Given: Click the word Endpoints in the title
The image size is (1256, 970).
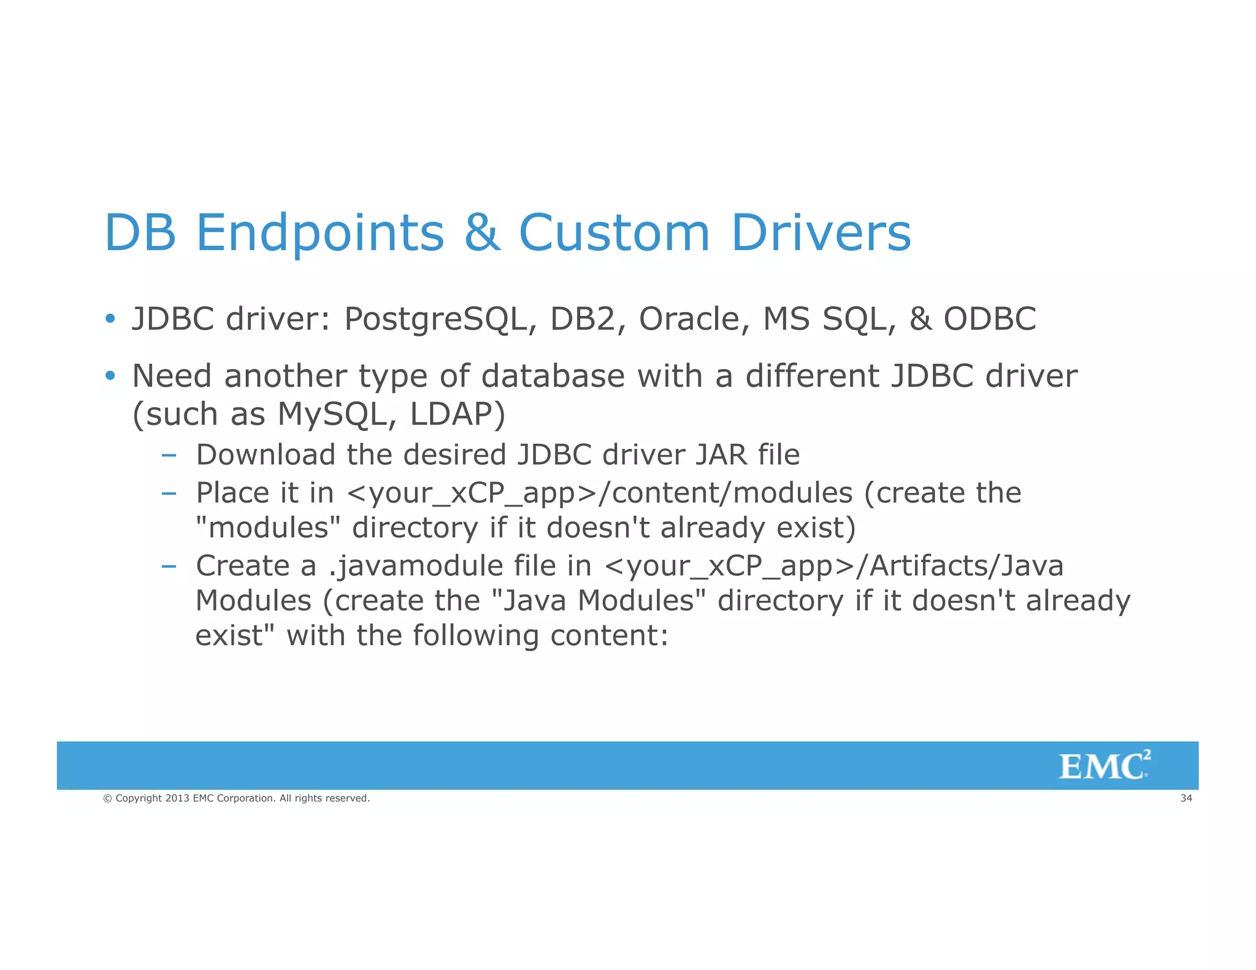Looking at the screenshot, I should click(320, 233).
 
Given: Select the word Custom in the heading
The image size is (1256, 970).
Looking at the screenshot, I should click(614, 233).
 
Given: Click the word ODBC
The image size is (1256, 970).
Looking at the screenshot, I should click(989, 319).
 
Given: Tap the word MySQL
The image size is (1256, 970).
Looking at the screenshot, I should click(332, 414).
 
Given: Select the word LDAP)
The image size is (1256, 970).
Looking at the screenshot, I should click(457, 414).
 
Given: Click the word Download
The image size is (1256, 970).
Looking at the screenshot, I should click(265, 455).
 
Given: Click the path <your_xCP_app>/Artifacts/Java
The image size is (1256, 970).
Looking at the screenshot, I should click(833, 565).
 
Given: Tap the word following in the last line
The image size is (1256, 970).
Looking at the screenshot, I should click(475, 636).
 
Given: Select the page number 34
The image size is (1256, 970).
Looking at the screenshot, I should click(1186, 798).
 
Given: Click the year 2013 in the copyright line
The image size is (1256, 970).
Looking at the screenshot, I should click(177, 798).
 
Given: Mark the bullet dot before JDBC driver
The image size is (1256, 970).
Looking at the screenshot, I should click(110, 319).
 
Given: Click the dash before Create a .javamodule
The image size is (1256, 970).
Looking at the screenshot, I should click(169, 565).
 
